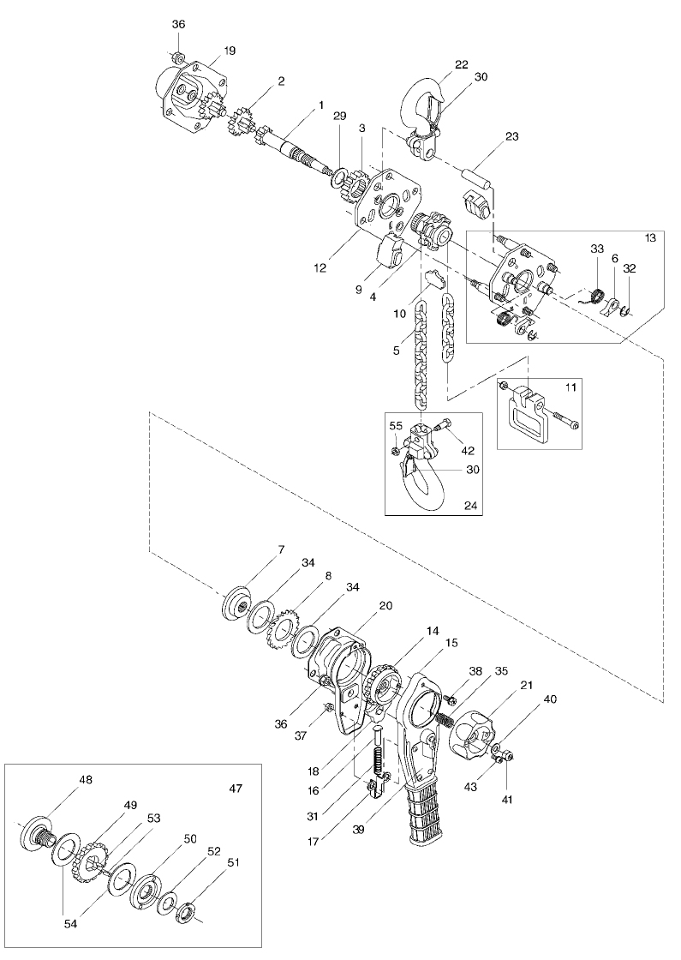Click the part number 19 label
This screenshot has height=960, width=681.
[x=230, y=51]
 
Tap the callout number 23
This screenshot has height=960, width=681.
[x=511, y=136]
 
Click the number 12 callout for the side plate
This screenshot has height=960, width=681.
[x=320, y=267]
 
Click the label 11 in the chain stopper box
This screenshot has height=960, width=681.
[x=570, y=387]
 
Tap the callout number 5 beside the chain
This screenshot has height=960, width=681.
[x=397, y=351]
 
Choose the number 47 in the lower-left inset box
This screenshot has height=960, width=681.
[x=236, y=789]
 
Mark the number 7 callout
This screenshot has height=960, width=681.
[x=281, y=549]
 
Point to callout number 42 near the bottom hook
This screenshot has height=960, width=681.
[x=468, y=451]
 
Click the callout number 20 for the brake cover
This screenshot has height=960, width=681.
[x=385, y=605]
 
